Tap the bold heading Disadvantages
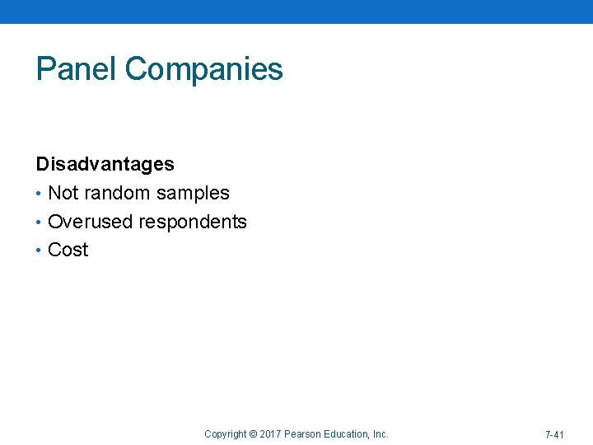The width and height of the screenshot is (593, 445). pyautogui.click(x=105, y=164)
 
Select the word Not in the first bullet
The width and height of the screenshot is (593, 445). pyautogui.click(x=62, y=193)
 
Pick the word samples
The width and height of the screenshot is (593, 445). pyautogui.click(x=194, y=194)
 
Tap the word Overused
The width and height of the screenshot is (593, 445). pyautogui.click(x=91, y=222)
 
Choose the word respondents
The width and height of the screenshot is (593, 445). pyautogui.click(x=193, y=222)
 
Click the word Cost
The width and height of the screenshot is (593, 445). pyautogui.click(x=68, y=250)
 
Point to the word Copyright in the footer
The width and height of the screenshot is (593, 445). pyautogui.click(x=225, y=434)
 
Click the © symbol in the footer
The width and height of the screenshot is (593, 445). pyautogui.click(x=253, y=434)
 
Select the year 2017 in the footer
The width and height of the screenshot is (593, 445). pyautogui.click(x=270, y=434)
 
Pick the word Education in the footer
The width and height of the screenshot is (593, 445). pyautogui.click(x=347, y=434)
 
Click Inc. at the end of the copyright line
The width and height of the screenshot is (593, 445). pyautogui.click(x=381, y=434)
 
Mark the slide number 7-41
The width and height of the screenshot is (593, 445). pyautogui.click(x=554, y=434)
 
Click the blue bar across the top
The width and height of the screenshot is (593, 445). pyautogui.click(x=296, y=12)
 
